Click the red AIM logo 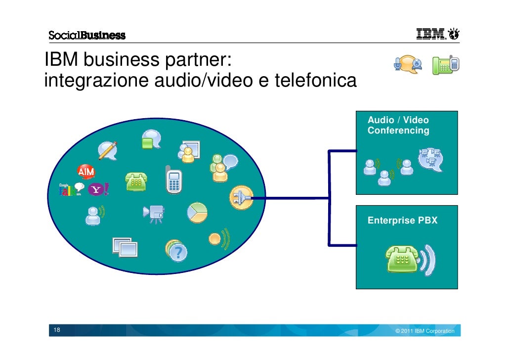86,172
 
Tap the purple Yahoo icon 96,189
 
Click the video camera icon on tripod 154,213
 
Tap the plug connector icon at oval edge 241,198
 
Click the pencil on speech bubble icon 107,150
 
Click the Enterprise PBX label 402,221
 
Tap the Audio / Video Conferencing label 398,126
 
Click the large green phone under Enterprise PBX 404,259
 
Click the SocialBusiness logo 87,35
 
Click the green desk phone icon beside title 445,65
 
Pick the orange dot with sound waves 214,238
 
